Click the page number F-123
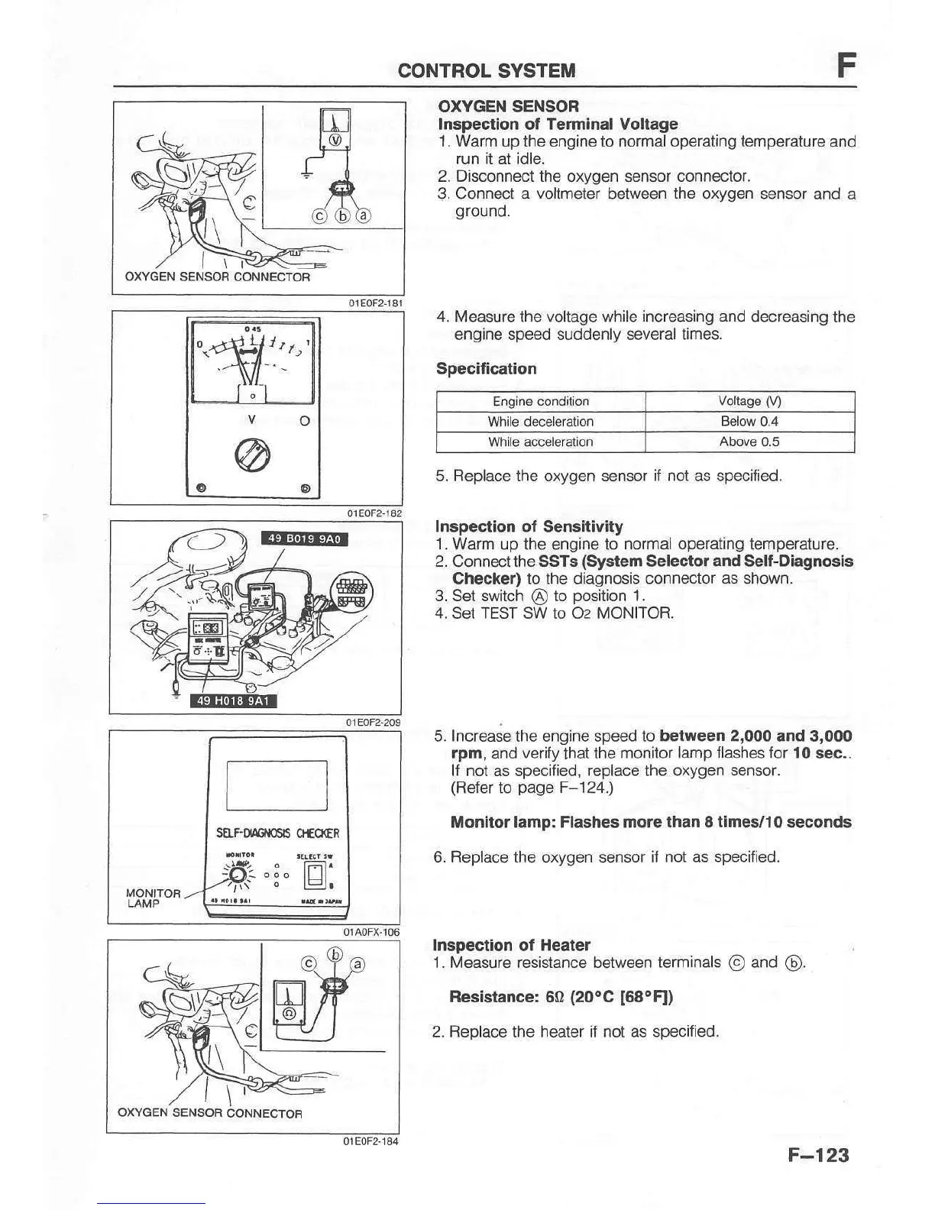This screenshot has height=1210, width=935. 818,1154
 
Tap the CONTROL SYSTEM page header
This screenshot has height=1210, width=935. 487,71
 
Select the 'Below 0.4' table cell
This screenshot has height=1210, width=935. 749,422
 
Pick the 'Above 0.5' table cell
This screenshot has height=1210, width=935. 749,442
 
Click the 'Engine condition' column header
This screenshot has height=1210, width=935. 541,402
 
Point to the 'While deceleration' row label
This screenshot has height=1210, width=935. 541,422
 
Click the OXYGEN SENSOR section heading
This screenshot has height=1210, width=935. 508,106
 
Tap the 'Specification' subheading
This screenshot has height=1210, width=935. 486,369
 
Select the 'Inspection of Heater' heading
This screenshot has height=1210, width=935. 511,945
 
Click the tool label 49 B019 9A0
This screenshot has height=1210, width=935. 304,539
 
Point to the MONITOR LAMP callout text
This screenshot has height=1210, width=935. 153,898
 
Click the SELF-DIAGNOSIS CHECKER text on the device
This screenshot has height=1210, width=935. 277,833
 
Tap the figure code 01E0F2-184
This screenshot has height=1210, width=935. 370,1141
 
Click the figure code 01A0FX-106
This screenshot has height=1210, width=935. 371,932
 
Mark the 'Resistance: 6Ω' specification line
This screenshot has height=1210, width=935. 561,997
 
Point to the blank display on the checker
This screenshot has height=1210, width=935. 277,785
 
